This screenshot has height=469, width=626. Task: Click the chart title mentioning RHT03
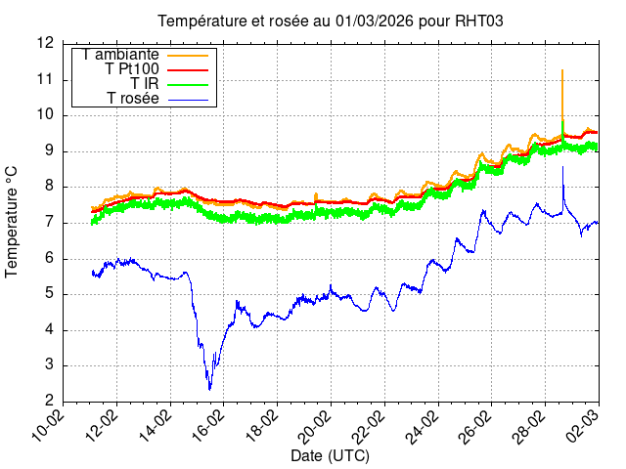point(331,21)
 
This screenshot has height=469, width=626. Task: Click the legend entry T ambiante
point(121,55)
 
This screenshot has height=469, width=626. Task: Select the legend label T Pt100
point(132,69)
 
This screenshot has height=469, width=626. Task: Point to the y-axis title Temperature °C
point(12,221)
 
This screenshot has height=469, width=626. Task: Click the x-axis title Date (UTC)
point(330,456)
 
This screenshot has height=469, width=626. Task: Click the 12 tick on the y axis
point(45,43)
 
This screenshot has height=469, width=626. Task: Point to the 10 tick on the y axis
point(45,114)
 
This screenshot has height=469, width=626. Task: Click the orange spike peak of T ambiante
point(562,70)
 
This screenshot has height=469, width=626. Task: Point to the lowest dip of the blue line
point(209,389)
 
